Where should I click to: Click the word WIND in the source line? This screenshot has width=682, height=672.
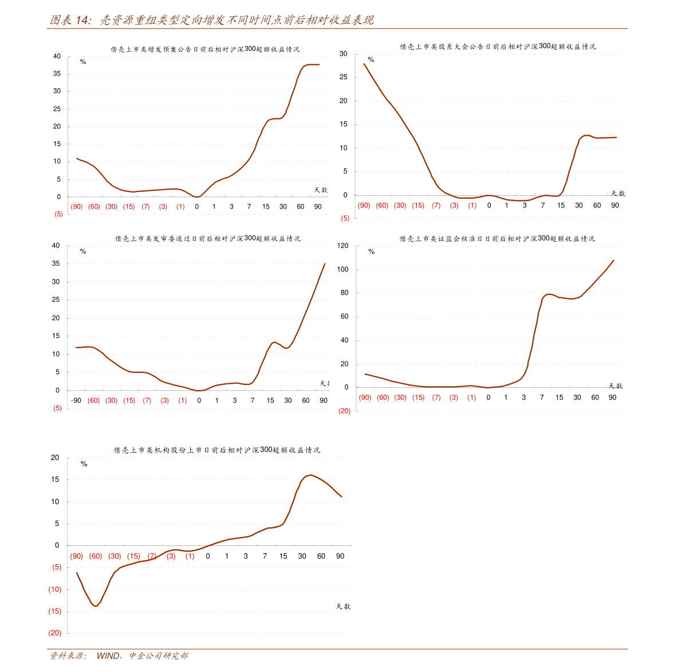point(108,655)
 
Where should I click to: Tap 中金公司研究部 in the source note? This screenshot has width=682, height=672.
point(158,655)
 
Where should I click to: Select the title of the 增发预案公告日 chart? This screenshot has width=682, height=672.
point(205,49)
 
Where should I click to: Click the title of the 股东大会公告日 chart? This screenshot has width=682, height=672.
point(497,46)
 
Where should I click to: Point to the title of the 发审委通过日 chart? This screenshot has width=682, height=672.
point(207,238)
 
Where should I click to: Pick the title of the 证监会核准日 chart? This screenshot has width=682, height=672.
point(497,238)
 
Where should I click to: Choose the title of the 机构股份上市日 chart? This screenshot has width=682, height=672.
point(216,450)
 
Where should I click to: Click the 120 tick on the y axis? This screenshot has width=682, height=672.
point(342,246)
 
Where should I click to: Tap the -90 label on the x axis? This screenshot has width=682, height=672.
point(76,400)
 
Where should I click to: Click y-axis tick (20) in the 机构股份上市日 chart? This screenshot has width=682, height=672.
point(55,633)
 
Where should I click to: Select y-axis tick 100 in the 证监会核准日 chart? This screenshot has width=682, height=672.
point(342,269)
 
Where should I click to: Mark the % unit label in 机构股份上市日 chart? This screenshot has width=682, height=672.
point(84,464)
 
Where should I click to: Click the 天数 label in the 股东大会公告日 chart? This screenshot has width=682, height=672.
point(617,194)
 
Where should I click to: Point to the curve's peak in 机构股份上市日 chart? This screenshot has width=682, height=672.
point(310,475)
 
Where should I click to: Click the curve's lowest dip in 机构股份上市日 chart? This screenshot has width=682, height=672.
point(96,606)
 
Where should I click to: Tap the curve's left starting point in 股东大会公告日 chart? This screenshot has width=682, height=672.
point(364,64)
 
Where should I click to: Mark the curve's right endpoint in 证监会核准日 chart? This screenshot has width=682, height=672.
point(613,261)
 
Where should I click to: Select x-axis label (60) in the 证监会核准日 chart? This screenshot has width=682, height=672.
point(383,398)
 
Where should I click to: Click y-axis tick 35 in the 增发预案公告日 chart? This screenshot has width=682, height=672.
point(57,73)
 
